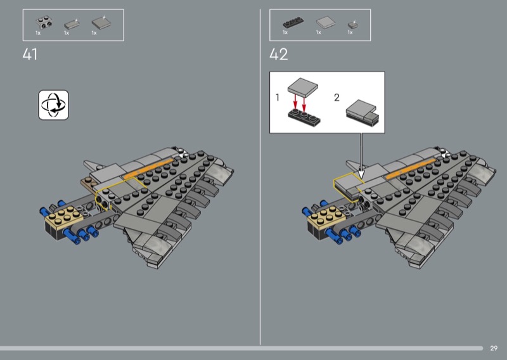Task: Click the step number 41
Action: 30,55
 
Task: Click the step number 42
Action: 278,55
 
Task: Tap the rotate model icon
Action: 53,105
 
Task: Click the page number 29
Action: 494,349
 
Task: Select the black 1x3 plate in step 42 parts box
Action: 293,22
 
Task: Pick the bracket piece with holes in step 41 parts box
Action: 44,23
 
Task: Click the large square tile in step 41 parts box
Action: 101,23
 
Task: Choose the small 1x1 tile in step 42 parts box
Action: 352,24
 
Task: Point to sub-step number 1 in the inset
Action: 277,97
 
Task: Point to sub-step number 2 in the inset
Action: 337,98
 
